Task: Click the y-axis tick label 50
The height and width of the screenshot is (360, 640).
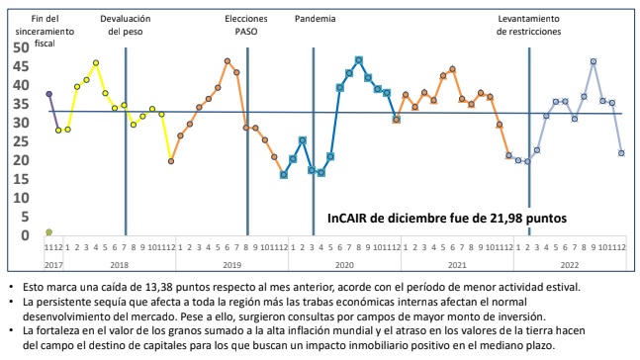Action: click(21, 47)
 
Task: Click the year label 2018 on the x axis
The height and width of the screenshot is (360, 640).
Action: click(119, 266)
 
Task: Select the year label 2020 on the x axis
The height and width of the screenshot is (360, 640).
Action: click(343, 266)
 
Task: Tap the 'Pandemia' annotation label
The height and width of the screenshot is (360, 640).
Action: click(316, 19)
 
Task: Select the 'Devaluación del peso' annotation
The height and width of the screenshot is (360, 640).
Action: click(127, 25)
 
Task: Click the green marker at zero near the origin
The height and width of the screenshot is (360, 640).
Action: click(48, 232)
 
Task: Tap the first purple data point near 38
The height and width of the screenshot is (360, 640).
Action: click(48, 94)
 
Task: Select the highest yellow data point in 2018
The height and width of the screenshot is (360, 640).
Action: click(96, 62)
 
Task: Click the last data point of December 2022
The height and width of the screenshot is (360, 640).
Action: click(621, 152)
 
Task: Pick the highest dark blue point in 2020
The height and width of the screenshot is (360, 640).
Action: click(358, 60)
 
